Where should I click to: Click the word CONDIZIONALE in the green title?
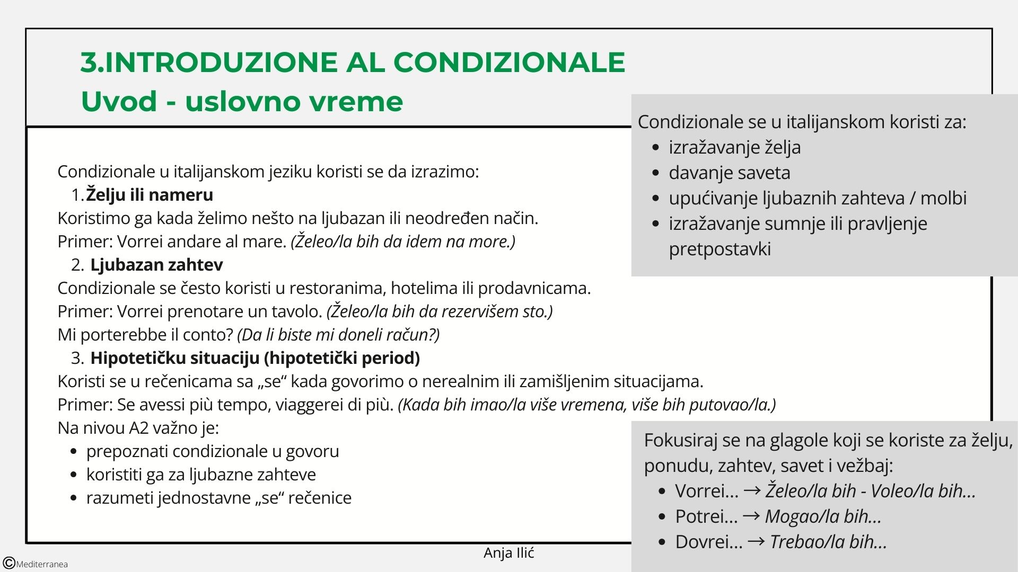tap(509, 62)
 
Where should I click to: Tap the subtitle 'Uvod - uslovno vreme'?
tap(242, 101)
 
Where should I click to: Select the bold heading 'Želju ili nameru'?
tap(150, 195)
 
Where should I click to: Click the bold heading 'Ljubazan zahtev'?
tap(156, 265)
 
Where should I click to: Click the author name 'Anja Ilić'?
tap(508, 553)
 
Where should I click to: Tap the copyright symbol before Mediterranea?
tap(8, 564)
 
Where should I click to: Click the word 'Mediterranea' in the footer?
tap(42, 564)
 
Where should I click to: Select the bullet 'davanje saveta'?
tap(729, 173)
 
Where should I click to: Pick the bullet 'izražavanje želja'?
tap(734, 147)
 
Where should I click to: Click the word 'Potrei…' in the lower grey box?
tap(706, 516)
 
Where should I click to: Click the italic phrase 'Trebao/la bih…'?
tap(828, 542)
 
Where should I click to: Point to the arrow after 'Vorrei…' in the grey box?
tap(752, 490)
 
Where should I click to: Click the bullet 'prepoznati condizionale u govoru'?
tap(212, 451)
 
